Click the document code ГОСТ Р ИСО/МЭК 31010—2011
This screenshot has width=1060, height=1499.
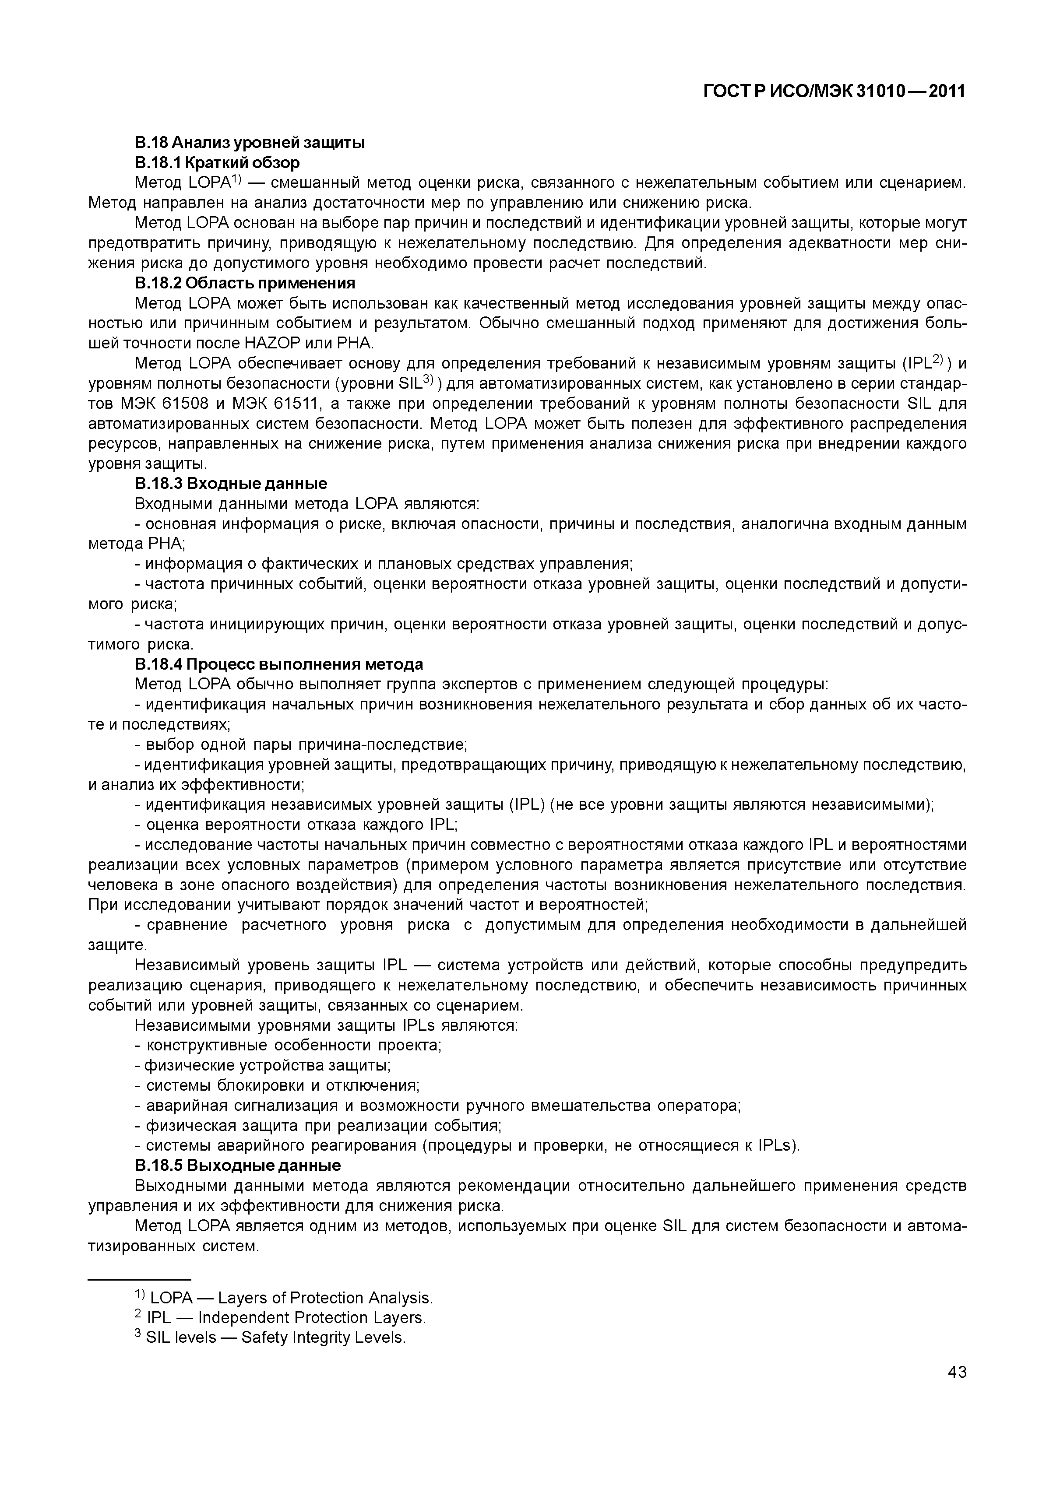[834, 92]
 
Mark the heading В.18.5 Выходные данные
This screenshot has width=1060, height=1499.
[238, 1165]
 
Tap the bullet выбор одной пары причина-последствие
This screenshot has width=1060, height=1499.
[301, 745]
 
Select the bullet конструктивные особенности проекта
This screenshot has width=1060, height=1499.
[288, 1045]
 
